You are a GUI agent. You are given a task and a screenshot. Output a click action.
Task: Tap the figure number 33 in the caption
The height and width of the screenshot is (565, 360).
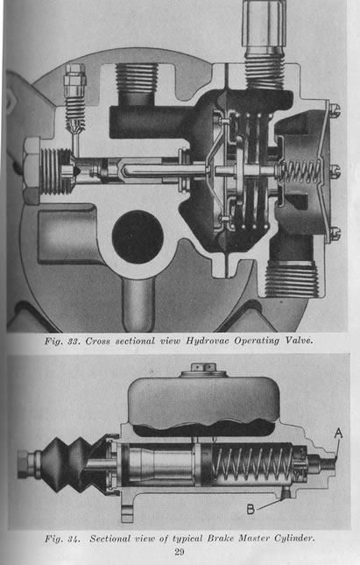click(x=74, y=341)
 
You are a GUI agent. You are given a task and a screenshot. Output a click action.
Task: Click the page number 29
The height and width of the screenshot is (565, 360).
click(x=180, y=552)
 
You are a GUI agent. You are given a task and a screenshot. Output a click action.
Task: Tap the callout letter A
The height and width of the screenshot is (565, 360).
click(x=338, y=433)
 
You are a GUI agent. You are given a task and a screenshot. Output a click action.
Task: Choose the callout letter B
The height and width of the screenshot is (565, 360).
click(x=251, y=509)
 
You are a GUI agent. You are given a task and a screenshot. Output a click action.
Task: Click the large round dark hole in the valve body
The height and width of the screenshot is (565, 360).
click(x=138, y=237)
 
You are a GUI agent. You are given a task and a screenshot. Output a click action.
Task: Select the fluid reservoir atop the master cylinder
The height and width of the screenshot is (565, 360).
click(x=204, y=403)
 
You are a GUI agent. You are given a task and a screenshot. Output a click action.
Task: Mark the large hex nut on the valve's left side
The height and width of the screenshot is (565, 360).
click(x=32, y=171)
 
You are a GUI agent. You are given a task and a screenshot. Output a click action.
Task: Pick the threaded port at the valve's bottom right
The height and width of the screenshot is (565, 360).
click(x=292, y=280)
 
